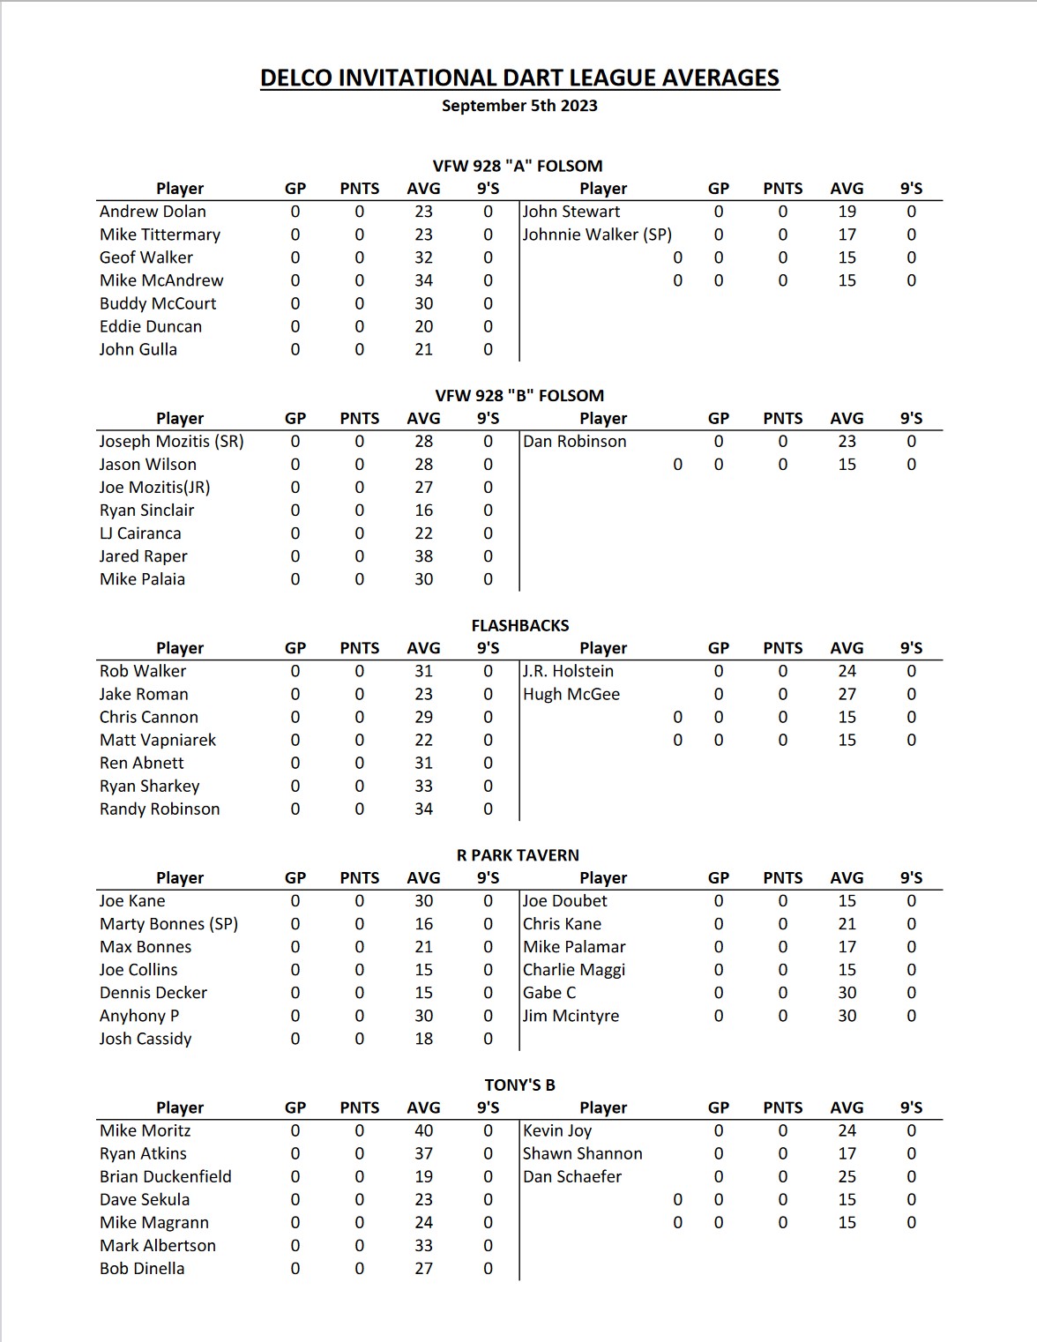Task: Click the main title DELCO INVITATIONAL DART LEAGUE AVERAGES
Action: [519, 78]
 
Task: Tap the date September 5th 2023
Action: [519, 106]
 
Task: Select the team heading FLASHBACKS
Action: [519, 625]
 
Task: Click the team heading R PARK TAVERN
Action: [518, 855]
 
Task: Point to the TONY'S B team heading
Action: [519, 1085]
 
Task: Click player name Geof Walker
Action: [146, 257]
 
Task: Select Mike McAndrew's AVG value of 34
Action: [423, 280]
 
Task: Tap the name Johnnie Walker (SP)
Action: [597, 235]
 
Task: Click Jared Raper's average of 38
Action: [423, 556]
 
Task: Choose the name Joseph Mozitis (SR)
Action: [171, 442]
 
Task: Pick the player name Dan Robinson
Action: [574, 442]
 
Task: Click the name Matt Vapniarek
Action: [158, 740]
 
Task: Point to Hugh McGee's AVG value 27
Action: [847, 694]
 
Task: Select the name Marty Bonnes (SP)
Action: [168, 924]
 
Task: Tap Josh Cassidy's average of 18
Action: [423, 1039]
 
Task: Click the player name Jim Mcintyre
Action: [571, 1016]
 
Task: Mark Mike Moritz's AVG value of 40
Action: [423, 1130]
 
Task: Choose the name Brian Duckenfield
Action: [166, 1176]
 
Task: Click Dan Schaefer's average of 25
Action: [847, 1176]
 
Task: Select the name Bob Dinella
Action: [142, 1268]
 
